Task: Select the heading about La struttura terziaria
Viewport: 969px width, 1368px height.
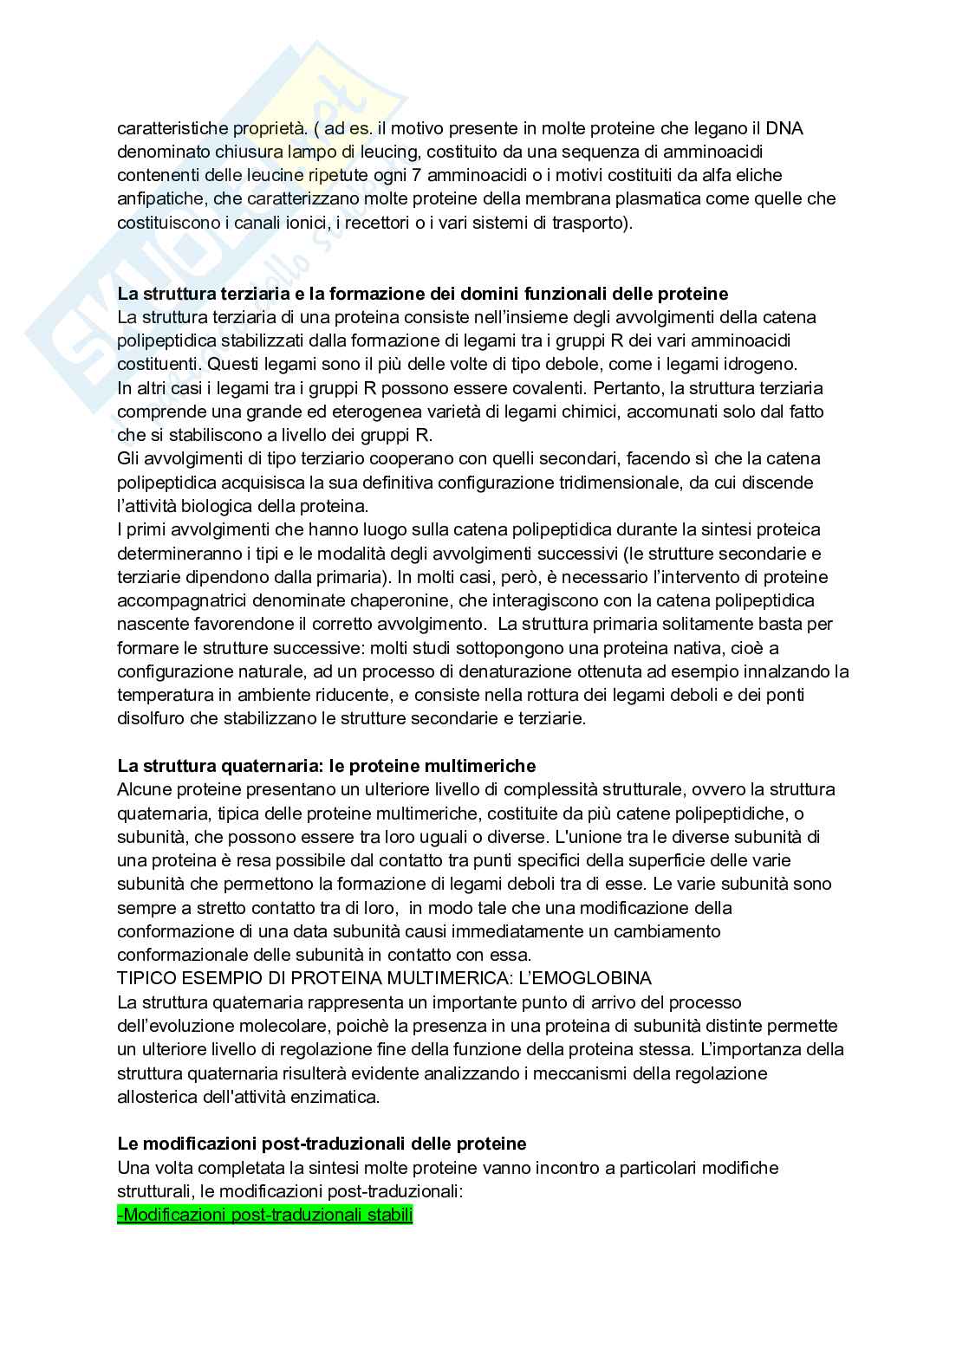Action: click(423, 293)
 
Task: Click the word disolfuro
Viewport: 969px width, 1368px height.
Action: click(150, 718)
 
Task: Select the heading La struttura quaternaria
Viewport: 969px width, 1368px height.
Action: click(327, 766)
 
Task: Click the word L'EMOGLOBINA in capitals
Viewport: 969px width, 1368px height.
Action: click(573, 978)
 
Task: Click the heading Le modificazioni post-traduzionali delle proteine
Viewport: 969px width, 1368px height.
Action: click(322, 1144)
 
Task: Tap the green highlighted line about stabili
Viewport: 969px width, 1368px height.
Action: click(265, 1215)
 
